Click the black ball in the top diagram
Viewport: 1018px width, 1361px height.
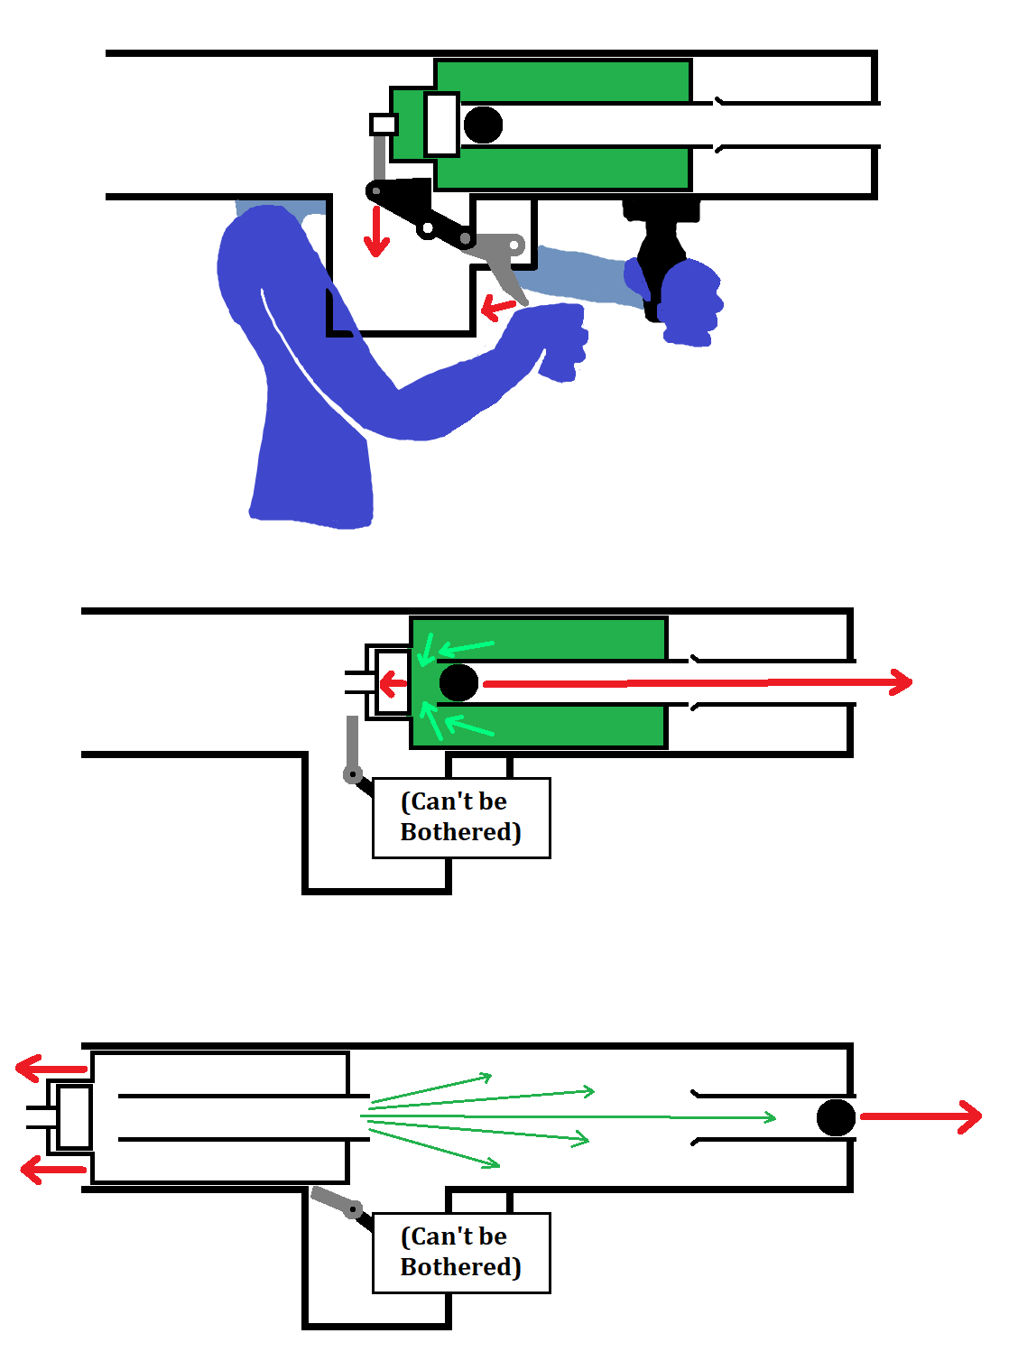click(x=483, y=125)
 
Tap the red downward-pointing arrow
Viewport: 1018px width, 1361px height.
click(x=376, y=233)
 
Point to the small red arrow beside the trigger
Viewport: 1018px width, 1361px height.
click(x=497, y=307)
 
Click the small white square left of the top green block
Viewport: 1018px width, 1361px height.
click(x=384, y=124)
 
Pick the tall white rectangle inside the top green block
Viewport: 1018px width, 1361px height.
click(x=441, y=124)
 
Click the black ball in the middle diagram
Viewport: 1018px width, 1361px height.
click(x=458, y=682)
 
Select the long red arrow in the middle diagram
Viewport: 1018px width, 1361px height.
click(x=695, y=682)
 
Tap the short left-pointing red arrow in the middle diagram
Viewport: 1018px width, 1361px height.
click(x=393, y=683)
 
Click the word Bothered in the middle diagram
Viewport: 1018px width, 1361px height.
click(x=460, y=831)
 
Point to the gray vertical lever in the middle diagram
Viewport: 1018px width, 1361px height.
click(x=353, y=745)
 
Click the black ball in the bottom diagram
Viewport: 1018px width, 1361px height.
click(x=836, y=1117)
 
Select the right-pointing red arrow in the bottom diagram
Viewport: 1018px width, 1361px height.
click(x=921, y=1116)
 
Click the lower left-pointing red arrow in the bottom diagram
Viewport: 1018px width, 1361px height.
click(x=52, y=1171)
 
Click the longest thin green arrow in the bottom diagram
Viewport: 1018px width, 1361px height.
click(x=569, y=1117)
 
